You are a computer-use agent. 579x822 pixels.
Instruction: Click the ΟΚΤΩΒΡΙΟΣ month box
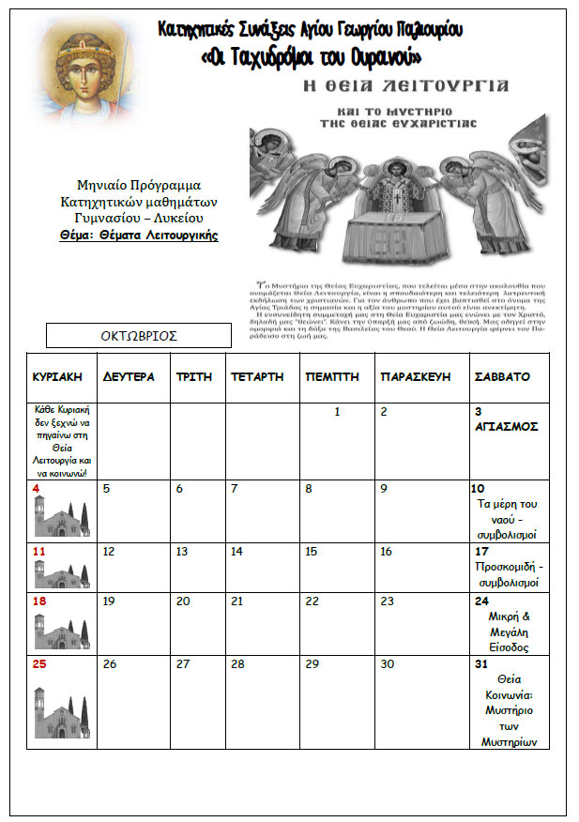[x=139, y=335]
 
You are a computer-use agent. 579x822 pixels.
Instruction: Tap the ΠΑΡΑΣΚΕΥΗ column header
[x=416, y=376]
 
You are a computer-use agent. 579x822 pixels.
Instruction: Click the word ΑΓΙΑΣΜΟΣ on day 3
[x=507, y=426]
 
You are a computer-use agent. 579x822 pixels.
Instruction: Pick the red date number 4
[x=36, y=488]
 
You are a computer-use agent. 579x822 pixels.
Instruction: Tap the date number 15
[x=312, y=552]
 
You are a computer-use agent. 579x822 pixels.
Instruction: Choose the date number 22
[x=312, y=601]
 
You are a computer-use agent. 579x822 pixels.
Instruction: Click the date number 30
[x=387, y=663]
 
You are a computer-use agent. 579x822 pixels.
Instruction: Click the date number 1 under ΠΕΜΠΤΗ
[x=337, y=411]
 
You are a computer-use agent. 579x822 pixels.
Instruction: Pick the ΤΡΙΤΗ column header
[x=194, y=376]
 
